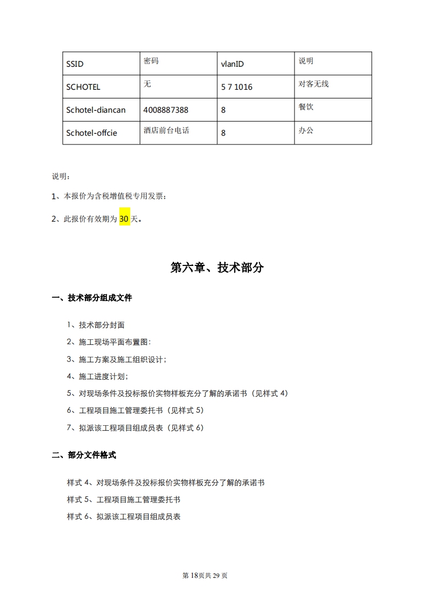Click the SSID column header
click(75, 64)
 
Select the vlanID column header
click(232, 64)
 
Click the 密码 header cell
click(151, 61)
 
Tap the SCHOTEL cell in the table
click(83, 87)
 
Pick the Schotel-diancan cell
click(96, 110)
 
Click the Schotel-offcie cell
click(91, 133)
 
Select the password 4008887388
click(165, 110)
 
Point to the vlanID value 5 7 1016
click(236, 87)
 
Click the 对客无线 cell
click(314, 84)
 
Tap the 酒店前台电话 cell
click(166, 131)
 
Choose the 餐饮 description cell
click(306, 107)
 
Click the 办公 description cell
click(306, 131)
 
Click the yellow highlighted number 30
click(124, 219)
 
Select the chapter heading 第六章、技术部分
click(217, 268)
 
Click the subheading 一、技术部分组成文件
click(91, 298)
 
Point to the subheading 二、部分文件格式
click(84, 455)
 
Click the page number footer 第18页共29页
click(204, 575)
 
